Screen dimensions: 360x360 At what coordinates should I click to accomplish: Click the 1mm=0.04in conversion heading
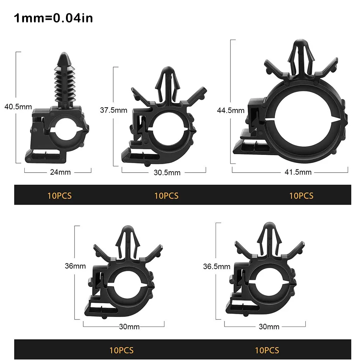[53, 18]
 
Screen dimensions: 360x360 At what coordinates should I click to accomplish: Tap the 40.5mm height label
[18, 107]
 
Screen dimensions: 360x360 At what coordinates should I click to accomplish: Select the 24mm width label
[60, 172]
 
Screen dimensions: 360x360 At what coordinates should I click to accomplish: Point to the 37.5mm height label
[114, 110]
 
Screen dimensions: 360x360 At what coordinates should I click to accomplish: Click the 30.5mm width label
[167, 173]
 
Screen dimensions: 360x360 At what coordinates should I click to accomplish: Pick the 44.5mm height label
[231, 110]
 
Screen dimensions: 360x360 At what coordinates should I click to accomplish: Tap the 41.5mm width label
[298, 172]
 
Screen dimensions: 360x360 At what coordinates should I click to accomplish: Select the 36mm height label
[75, 266]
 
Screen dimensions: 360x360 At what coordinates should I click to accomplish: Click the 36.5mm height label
[217, 266]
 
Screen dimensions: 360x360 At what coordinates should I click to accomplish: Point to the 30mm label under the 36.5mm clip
[269, 327]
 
